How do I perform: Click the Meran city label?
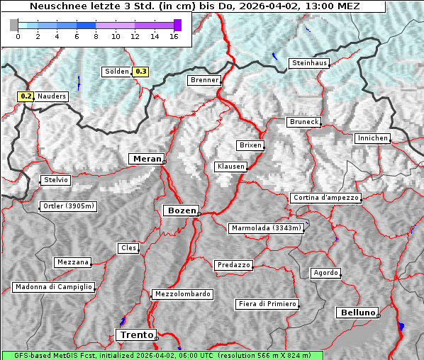pyautogui.click(x=146, y=159)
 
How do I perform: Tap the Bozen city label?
pyautogui.click(x=180, y=210)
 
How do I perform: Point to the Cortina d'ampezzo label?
pyautogui.click(x=325, y=198)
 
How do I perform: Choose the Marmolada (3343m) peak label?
pyautogui.click(x=267, y=228)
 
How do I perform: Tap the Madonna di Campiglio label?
pyautogui.click(x=53, y=287)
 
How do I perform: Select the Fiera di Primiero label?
pyautogui.click(x=267, y=304)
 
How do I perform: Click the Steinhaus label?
pyautogui.click(x=309, y=63)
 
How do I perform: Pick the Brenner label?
pyautogui.click(x=204, y=80)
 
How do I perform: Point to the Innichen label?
pyautogui.click(x=372, y=138)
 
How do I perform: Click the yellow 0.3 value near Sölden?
pyautogui.click(x=141, y=71)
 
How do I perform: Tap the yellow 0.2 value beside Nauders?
pyautogui.click(x=26, y=96)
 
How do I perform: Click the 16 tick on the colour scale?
pyautogui.click(x=174, y=36)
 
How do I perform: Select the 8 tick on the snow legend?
pyautogui.click(x=96, y=36)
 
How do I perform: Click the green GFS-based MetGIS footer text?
pyautogui.click(x=162, y=355)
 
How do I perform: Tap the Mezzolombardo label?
pyautogui.click(x=182, y=293)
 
